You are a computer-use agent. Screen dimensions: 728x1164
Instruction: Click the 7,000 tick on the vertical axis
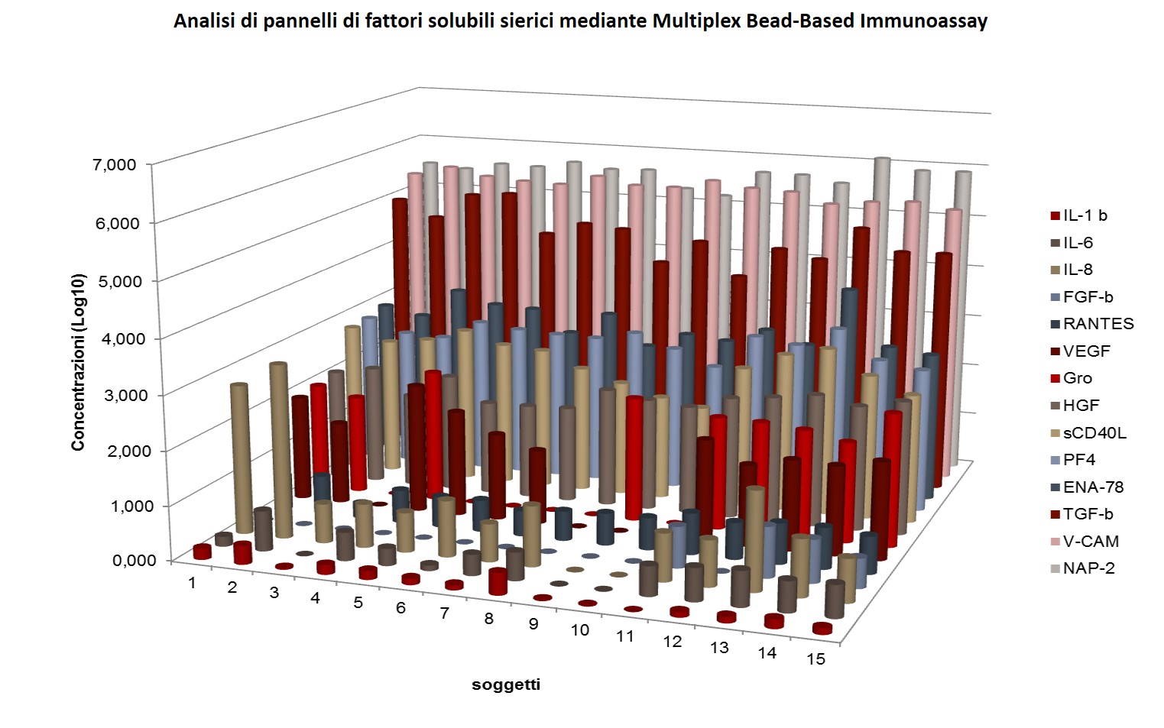[114, 165]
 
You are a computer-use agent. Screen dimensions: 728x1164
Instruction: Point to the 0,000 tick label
[135, 560]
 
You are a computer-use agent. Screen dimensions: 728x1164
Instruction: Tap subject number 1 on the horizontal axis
[192, 583]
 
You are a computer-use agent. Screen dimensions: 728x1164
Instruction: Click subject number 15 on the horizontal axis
[816, 658]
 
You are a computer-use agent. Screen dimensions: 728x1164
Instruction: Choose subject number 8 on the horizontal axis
[488, 618]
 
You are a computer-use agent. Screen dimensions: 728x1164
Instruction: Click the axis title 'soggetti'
[506, 684]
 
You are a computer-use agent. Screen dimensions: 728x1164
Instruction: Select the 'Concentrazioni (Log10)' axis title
[79, 361]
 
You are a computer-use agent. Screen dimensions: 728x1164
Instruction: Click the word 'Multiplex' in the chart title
[687, 21]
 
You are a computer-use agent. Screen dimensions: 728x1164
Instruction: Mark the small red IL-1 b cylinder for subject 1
[202, 552]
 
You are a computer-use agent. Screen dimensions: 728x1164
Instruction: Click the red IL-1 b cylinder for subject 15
[822, 628]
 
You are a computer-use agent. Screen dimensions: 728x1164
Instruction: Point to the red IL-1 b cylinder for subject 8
[498, 582]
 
